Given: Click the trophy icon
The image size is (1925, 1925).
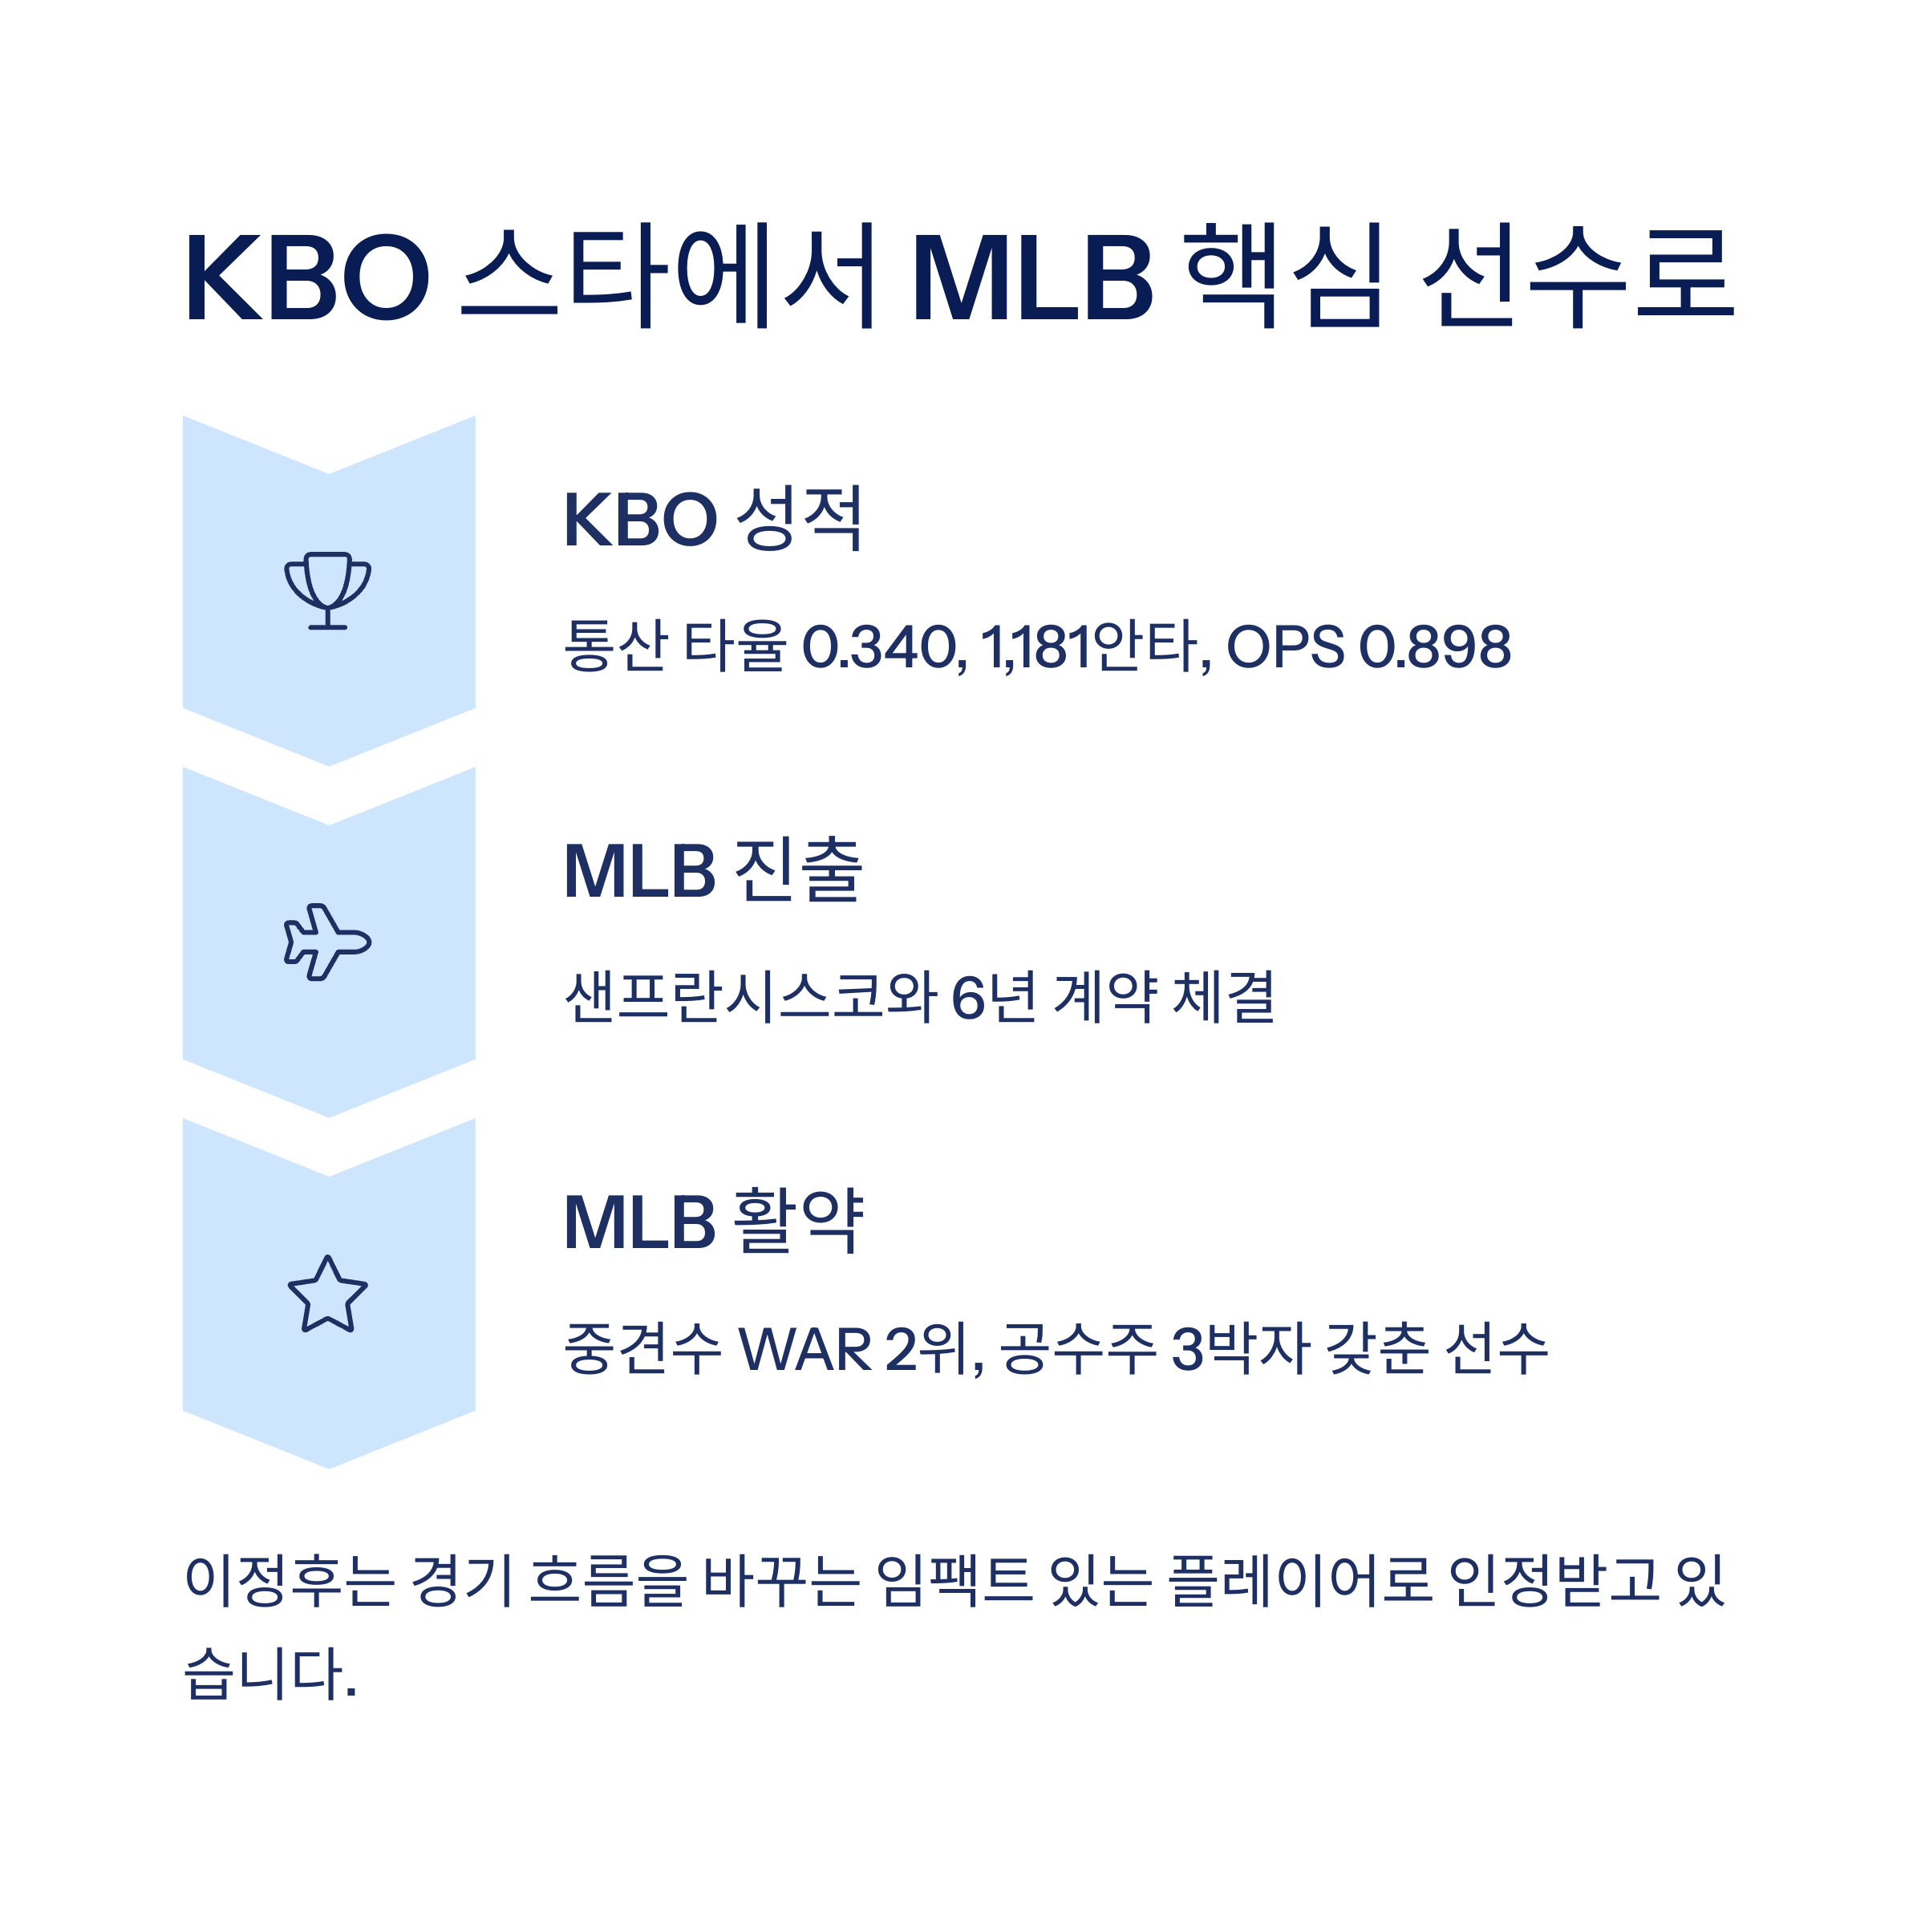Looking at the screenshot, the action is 328,590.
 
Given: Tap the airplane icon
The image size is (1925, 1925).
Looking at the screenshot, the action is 328,942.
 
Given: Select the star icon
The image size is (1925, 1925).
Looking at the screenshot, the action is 328,1295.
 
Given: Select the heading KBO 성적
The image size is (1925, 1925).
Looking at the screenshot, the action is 712,519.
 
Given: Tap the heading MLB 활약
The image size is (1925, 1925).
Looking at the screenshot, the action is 712,1222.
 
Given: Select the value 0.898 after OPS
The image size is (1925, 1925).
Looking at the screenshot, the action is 1435,646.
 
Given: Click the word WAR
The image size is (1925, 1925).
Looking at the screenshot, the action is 805,1349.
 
